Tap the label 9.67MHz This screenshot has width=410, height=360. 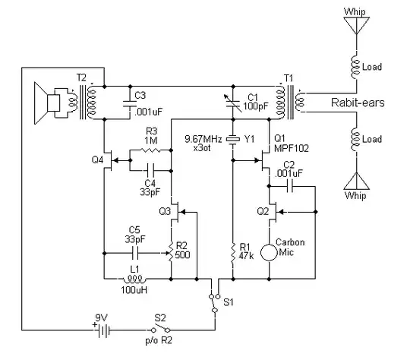coord(204,137)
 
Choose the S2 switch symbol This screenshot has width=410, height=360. coord(157,330)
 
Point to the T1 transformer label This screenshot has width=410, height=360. coord(286,77)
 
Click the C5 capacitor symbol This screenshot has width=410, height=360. coord(136,249)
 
